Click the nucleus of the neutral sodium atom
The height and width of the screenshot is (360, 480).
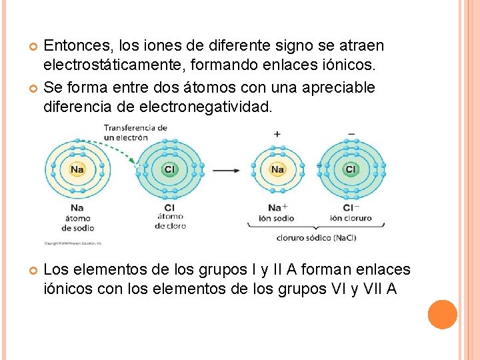77,169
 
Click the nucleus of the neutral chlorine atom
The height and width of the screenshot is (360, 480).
170,169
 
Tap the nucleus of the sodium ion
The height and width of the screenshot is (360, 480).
277,169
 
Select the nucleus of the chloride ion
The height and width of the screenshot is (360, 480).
351,169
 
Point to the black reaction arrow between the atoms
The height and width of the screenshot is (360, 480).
227,170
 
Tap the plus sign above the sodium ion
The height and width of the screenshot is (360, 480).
277,134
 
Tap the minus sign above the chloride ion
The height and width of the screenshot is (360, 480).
351,134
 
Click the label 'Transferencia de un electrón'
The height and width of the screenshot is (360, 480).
135,132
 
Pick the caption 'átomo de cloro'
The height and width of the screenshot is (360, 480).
170,221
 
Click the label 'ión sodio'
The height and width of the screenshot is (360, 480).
276,218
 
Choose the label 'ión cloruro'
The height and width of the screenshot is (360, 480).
351,218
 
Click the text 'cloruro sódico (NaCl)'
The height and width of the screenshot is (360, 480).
316,238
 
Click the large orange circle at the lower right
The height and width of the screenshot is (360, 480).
443,314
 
